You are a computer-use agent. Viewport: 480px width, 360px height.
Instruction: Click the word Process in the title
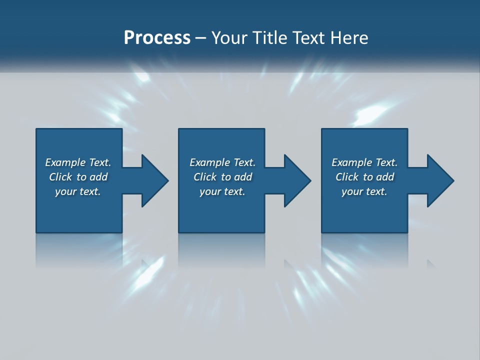click(157, 37)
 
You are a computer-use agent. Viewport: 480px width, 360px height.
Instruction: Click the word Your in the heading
click(229, 37)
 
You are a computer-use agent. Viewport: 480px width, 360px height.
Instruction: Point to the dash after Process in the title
click(201, 38)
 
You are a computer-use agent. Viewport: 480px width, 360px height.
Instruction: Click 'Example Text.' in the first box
click(78, 162)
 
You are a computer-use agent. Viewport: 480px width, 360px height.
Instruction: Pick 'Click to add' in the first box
click(78, 177)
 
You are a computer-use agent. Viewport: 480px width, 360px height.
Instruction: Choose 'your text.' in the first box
click(78, 191)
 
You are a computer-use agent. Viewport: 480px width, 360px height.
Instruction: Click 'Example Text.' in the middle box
click(222, 162)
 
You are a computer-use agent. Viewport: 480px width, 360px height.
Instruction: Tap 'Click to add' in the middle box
click(222, 177)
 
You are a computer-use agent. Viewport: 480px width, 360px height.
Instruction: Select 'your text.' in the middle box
click(222, 191)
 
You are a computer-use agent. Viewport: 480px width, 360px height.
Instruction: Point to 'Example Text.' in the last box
click(364, 162)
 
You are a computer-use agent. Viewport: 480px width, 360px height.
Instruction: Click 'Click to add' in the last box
click(364, 177)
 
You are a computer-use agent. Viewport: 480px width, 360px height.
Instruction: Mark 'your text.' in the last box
click(364, 191)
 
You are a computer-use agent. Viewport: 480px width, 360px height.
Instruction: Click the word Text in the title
click(305, 37)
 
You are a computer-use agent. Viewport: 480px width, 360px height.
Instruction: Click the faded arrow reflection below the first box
click(146, 263)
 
